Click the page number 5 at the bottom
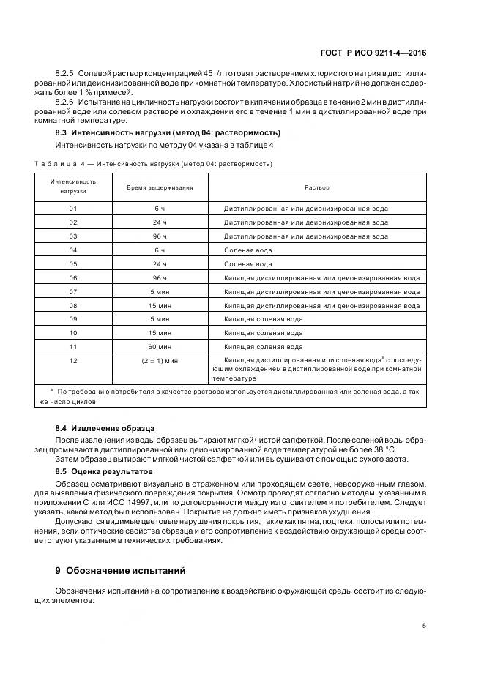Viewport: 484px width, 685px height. pos(425,625)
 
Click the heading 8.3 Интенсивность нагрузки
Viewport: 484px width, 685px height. pos(168,133)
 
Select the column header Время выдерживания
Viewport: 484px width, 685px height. pos(160,188)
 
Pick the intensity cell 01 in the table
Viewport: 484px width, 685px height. pos(72,209)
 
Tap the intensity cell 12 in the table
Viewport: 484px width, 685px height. pos(72,361)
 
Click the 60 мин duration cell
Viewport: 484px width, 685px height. pos(160,347)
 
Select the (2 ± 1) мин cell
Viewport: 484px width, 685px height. pos(160,361)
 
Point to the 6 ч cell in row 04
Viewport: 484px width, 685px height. pos(160,250)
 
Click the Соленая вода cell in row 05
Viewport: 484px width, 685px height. pos(248,264)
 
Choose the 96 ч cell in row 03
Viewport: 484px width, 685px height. pos(160,236)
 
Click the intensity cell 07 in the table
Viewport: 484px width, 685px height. pos(72,291)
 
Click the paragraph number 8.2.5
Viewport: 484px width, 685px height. pos(65,75)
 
